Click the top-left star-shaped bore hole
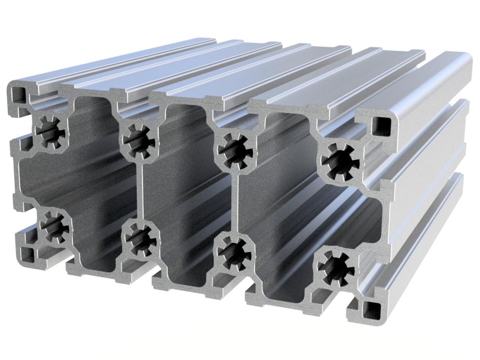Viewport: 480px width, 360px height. point(49,131)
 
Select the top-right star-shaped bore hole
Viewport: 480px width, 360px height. point(340,160)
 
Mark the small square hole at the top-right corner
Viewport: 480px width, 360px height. point(382,126)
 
